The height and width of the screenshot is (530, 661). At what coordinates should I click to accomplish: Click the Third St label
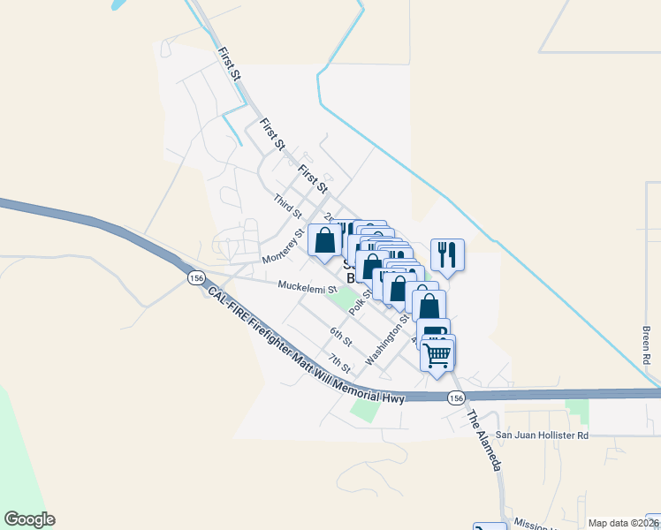288,208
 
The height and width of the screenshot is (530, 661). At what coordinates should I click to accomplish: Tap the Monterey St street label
283,247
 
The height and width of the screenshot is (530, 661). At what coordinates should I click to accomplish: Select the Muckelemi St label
308,287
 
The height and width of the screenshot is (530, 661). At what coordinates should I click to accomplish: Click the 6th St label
341,337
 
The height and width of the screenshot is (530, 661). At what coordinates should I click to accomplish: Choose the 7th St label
339,362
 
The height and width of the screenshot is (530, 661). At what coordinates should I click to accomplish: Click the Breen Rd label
646,345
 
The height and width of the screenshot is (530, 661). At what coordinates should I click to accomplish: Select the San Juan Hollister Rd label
542,435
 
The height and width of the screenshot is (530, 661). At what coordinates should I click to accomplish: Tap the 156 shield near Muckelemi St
196,278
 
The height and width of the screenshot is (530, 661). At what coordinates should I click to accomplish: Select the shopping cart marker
437,355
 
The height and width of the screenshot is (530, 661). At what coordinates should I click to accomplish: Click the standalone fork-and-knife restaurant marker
447,254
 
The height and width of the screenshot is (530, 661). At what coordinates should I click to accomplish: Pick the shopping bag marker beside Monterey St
325,239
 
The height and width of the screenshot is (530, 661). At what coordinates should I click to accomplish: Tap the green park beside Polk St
339,300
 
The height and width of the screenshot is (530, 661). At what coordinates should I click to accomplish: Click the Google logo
29,519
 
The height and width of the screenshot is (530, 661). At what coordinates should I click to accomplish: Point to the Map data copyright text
623,523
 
